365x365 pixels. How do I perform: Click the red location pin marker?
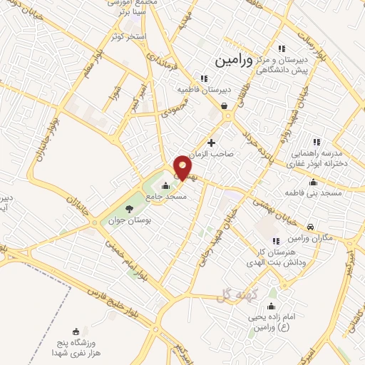[182, 167]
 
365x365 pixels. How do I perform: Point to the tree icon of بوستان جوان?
[129, 209]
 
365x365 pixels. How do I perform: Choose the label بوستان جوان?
[133, 221]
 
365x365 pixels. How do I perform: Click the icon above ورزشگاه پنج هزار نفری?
[77, 331]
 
